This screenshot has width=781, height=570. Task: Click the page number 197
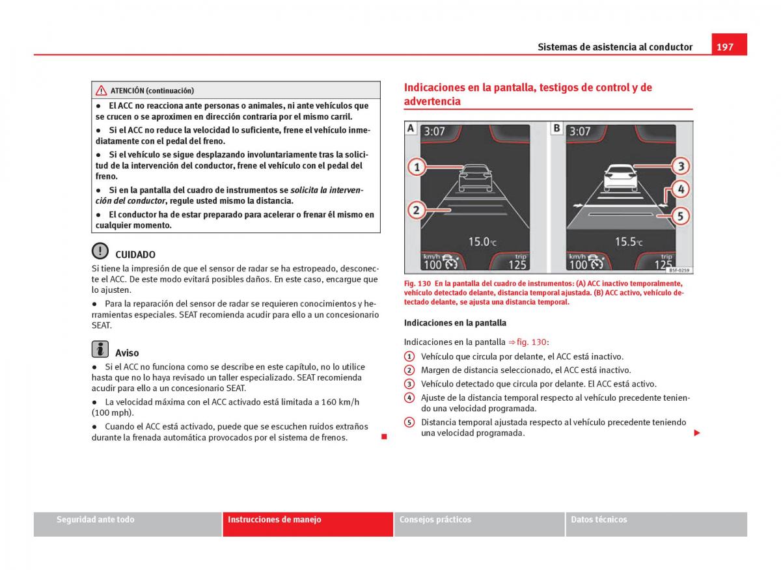tap(726, 47)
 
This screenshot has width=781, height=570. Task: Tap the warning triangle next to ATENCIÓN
tap(102, 90)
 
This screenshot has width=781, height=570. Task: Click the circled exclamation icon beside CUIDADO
tap(100, 251)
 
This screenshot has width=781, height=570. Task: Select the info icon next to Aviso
tap(100, 349)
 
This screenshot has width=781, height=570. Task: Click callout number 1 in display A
tap(417, 167)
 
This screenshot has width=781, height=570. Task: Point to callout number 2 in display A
tap(417, 210)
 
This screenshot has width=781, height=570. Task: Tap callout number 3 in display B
tap(680, 166)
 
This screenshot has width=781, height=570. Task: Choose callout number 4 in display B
tap(680, 189)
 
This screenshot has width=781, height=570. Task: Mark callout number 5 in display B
tap(680, 215)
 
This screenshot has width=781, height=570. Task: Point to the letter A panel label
tap(411, 129)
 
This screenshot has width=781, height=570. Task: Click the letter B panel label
tap(557, 129)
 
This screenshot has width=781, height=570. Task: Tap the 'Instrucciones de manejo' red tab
tap(307, 524)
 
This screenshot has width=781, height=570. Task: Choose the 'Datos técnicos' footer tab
tap(656, 524)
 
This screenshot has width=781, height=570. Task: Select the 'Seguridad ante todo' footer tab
tap(128, 524)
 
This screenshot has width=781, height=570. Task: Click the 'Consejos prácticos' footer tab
tap(479, 524)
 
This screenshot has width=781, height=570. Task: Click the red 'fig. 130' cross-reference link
tap(530, 342)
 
